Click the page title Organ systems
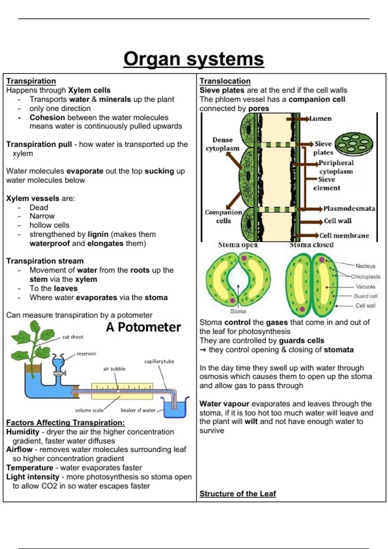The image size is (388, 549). pos(194,59)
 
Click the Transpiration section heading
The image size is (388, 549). pos(31,81)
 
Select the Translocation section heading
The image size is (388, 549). pos(225,81)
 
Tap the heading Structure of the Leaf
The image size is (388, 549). pos(238,493)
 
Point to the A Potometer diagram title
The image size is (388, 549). pos(143,327)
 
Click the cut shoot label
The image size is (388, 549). pos(73,337)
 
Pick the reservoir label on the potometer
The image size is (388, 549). pos(86,354)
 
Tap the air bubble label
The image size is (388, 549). pos(114,368)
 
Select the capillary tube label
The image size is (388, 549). pos(159,361)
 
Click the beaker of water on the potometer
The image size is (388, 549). pos(175,407)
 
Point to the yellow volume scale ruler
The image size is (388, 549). pos(122,391)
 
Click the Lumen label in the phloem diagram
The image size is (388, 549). pos(320,119)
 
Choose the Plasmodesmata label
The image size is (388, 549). pos(349,208)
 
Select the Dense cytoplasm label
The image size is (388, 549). pos(222,144)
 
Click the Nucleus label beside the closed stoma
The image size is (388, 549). pos(365,266)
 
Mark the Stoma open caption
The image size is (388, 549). pos(238,245)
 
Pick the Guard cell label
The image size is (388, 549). pos(365,296)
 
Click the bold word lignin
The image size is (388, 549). pos(98,234)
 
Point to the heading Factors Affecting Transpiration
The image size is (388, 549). pos(66,422)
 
